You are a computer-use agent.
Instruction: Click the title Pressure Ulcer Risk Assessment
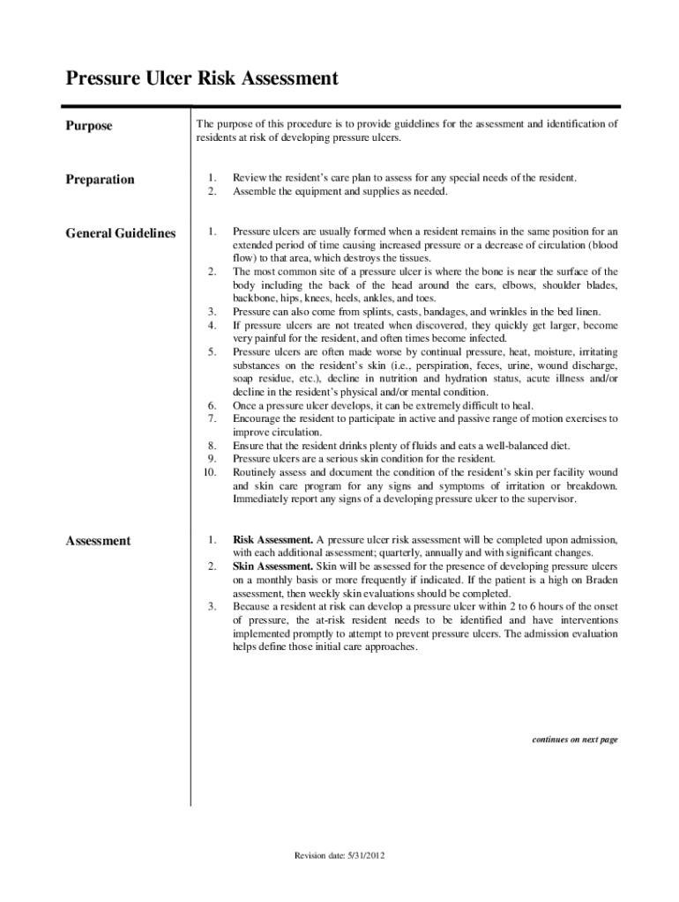202,79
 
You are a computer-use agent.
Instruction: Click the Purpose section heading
89,126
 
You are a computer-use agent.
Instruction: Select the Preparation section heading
101,180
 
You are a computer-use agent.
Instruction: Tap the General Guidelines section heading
120,233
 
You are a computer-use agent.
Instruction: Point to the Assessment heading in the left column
98,541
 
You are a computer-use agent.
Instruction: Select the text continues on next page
574,740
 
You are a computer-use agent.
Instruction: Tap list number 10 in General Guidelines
210,472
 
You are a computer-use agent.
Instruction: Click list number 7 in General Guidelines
213,418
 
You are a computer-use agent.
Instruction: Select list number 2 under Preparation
213,191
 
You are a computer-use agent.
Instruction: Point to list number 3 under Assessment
213,606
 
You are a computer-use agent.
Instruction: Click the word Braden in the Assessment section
600,580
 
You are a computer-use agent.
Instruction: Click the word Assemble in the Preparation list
254,191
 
